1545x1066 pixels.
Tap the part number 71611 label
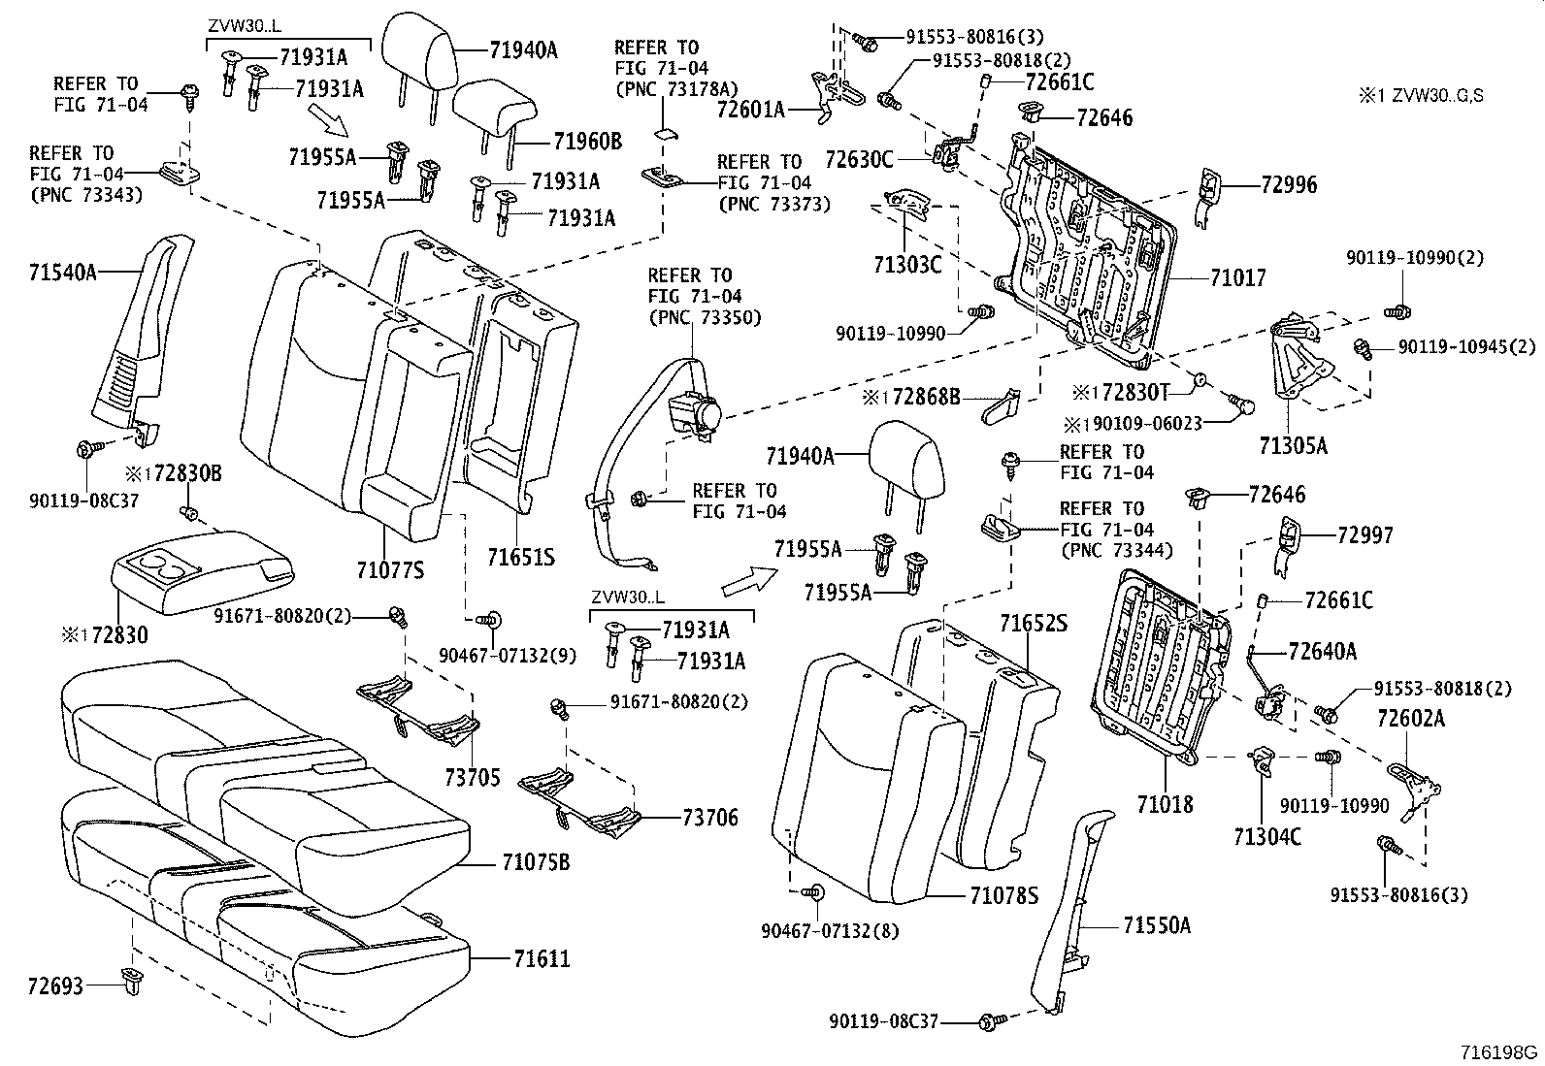click(x=541, y=959)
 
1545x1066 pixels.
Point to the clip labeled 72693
click(x=128, y=983)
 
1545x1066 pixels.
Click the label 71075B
click(x=536, y=861)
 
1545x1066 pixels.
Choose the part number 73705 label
click(x=473, y=777)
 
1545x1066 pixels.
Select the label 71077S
click(x=390, y=570)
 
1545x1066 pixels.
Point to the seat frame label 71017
click(x=1237, y=278)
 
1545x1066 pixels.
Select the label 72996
click(x=1289, y=184)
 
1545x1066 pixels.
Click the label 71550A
click(x=1156, y=926)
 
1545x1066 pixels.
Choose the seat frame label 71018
click(x=1165, y=804)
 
